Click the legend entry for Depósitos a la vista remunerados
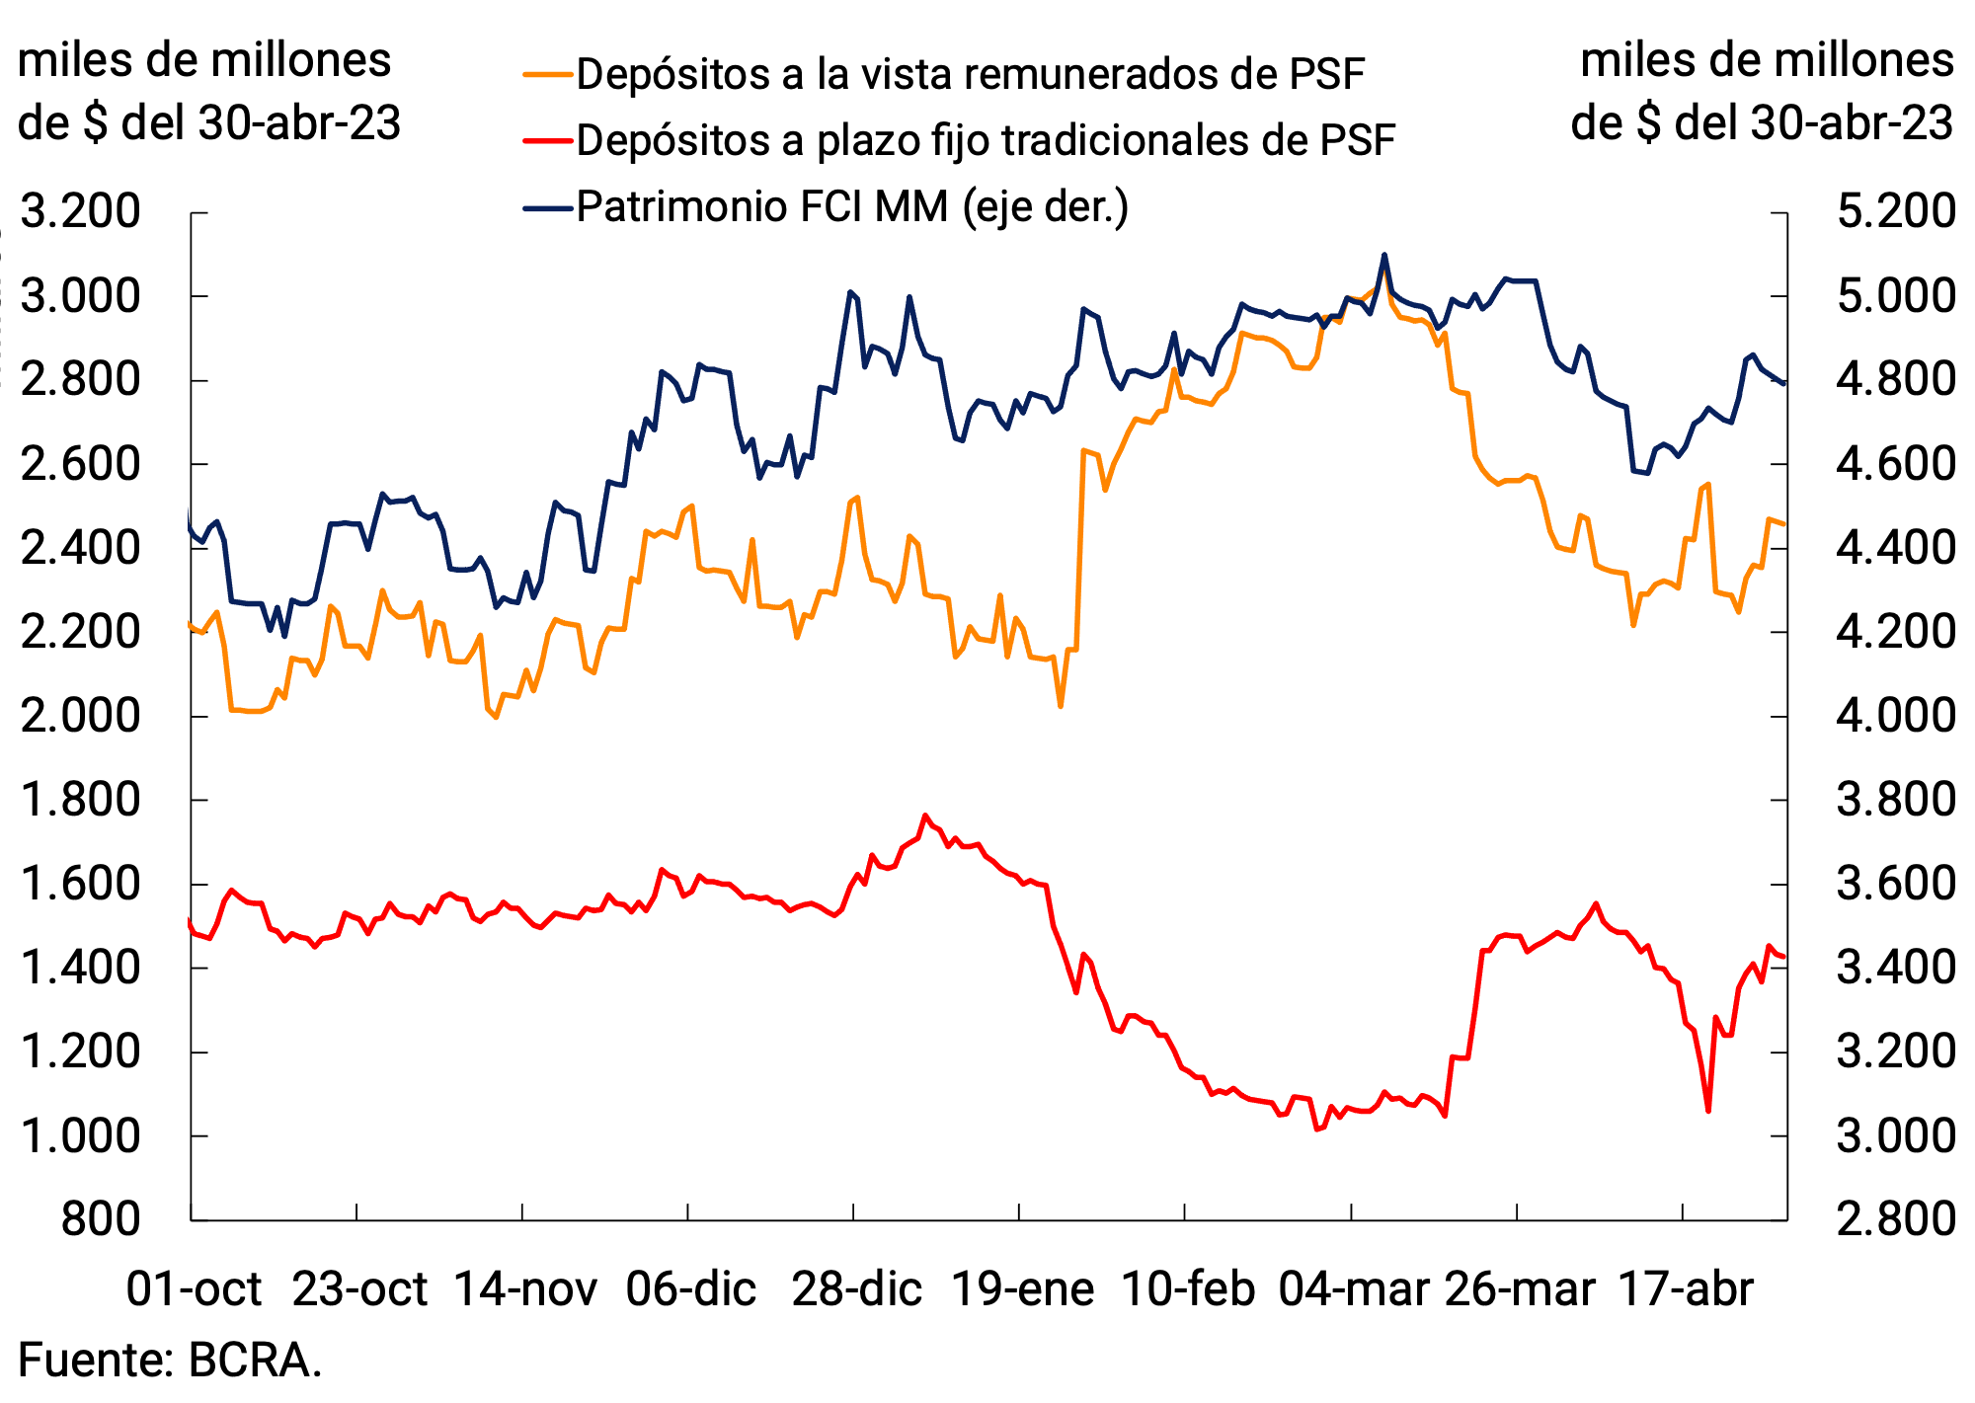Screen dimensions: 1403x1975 pyautogui.click(x=970, y=74)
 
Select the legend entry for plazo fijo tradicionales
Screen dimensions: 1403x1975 pyautogui.click(x=985, y=140)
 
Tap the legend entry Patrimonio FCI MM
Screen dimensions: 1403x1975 pyautogui.click(x=851, y=206)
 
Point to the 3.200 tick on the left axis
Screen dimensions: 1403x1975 pyautogui.click(x=80, y=211)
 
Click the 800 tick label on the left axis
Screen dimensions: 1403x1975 pyautogui.click(x=101, y=1219)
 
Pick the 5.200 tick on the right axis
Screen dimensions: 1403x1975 pyautogui.click(x=1895, y=211)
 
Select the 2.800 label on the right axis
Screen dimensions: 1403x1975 pyautogui.click(x=1895, y=1219)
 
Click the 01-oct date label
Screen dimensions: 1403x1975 pyautogui.click(x=194, y=1289)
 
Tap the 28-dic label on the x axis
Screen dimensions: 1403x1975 pyautogui.click(x=856, y=1289)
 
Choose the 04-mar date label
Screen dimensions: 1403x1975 pyautogui.click(x=1354, y=1289)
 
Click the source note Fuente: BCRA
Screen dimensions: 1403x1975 pyautogui.click(x=170, y=1361)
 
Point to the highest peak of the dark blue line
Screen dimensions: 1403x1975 pyautogui.click(x=1383, y=255)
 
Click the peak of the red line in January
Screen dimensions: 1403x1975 pyautogui.click(x=925, y=816)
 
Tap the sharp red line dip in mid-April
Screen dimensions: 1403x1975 pyautogui.click(x=1707, y=1111)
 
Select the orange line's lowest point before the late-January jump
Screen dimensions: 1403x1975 pyautogui.click(x=1061, y=706)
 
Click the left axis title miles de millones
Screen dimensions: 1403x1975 pyautogui.click(x=204, y=61)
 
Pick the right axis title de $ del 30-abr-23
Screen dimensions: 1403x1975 pyautogui.click(x=1762, y=123)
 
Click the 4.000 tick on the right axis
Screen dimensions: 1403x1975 pyautogui.click(x=1895, y=716)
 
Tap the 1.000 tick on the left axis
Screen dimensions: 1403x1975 pyautogui.click(x=80, y=1135)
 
